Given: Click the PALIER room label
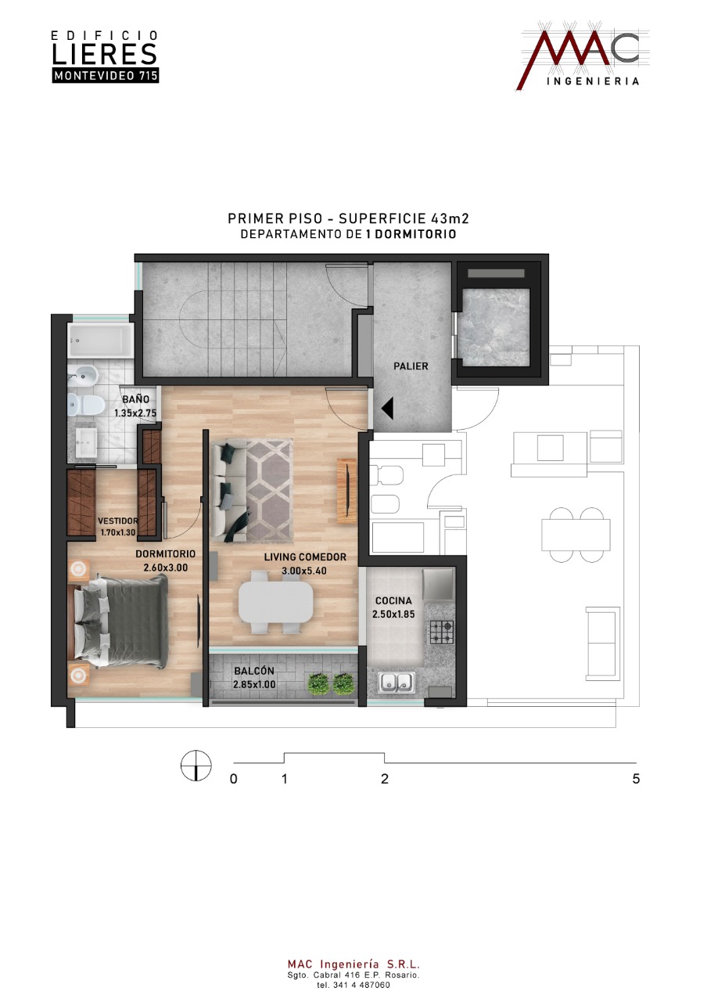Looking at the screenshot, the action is [411, 366].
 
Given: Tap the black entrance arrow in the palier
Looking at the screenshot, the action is [387, 409].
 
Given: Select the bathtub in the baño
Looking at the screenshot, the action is [101, 341].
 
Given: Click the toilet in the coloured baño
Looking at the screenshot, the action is [86, 405].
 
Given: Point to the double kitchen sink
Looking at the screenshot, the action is [397, 682].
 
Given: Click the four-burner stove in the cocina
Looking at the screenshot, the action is [442, 632].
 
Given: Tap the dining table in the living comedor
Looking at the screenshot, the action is [276, 602].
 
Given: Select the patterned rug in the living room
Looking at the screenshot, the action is [270, 491].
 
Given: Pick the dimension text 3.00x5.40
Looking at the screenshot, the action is [304, 571].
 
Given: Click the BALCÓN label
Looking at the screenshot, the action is [254, 671].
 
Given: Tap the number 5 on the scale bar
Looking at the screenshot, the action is [636, 779].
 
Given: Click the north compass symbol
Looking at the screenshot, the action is [196, 766].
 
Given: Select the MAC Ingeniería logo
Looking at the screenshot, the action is [583, 56].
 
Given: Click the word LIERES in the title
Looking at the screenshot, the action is [105, 54].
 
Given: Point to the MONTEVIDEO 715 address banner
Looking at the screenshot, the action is [106, 76].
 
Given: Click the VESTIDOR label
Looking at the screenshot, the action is [118, 521].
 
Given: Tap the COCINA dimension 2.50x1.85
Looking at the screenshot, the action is [393, 615].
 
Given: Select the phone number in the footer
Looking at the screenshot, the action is [353, 985].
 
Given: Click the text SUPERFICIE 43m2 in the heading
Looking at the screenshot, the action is [404, 218].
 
